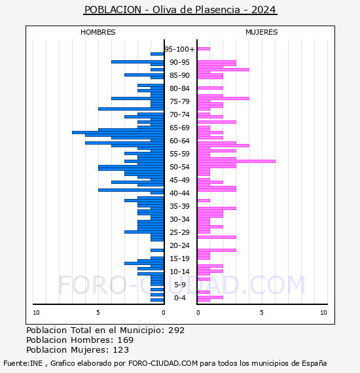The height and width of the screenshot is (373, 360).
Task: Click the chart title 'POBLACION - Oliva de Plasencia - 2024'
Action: [180, 10]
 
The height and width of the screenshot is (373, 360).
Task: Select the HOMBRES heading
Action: [98, 32]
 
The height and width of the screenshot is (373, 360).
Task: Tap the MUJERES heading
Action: [262, 32]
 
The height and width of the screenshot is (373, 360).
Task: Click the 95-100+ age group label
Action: [179, 49]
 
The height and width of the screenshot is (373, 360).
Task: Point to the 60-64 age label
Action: [179, 141]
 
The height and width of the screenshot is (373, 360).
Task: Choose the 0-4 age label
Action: [179, 298]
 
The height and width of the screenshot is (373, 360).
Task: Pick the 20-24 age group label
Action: [179, 245]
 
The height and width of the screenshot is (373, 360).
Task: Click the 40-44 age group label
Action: [179, 193]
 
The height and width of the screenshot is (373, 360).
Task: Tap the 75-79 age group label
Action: [179, 101]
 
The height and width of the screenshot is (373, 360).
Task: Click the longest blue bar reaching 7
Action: [118, 132]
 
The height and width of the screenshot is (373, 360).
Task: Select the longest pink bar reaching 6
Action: [236, 161]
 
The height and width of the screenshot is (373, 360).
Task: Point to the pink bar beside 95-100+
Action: [204, 49]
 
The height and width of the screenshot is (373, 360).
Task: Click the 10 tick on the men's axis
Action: [36, 313]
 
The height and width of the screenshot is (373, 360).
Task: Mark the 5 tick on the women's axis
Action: [262, 313]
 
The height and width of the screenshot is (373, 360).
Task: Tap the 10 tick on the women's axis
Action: [323, 313]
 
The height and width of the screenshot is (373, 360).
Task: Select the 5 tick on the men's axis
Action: [98, 313]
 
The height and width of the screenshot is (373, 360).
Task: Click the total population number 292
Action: [176, 330]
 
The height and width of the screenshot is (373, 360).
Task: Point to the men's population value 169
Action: [126, 340]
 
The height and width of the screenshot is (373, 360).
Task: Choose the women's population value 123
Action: [121, 349]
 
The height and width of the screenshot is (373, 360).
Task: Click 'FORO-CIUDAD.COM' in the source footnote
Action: [163, 363]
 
